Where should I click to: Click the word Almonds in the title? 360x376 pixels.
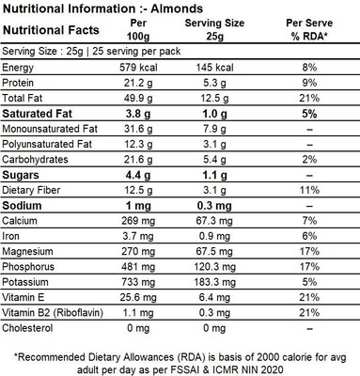pyautogui.click(x=177, y=8)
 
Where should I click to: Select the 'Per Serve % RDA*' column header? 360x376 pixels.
pyautogui.click(x=309, y=29)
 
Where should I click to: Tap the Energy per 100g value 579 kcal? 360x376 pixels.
pyautogui.click(x=138, y=68)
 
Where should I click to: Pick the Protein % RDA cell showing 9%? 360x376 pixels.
pyautogui.click(x=309, y=83)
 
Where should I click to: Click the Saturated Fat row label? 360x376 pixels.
pyautogui.click(x=37, y=114)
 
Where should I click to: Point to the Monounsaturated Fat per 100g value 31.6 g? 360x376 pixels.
pyautogui.click(x=138, y=129)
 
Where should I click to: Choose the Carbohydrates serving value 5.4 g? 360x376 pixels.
pyautogui.click(x=214, y=160)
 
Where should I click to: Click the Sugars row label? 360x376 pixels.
pyautogui.click(x=21, y=175)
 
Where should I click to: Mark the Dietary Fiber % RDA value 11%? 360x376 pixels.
pyautogui.click(x=309, y=190)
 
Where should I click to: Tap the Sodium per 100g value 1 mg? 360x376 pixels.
pyautogui.click(x=138, y=206)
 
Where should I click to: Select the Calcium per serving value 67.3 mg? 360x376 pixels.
pyautogui.click(x=214, y=221)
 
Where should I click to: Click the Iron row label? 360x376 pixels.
pyautogui.click(x=10, y=236)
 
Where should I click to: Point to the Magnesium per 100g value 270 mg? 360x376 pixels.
pyautogui.click(x=138, y=251)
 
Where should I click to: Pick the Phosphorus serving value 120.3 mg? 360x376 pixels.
pyautogui.click(x=214, y=267)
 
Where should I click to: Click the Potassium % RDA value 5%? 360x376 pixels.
pyautogui.click(x=309, y=282)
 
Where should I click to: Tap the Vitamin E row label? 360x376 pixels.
pyautogui.click(x=23, y=297)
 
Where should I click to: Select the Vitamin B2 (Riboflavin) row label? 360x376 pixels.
pyautogui.click(x=53, y=313)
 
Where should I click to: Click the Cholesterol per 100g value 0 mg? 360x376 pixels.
pyautogui.click(x=138, y=328)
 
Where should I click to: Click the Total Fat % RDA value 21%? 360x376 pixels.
pyautogui.click(x=309, y=98)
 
